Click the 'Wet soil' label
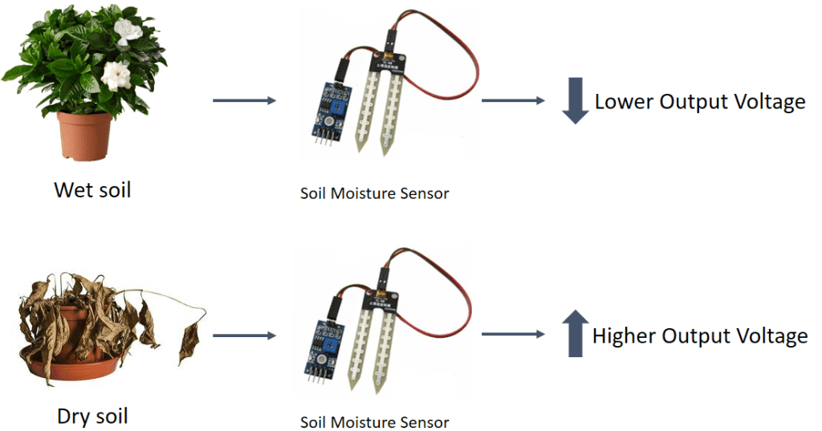tap(92, 190)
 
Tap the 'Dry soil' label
tap(92, 416)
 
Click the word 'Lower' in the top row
tap(624, 102)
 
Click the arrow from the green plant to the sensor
tap(244, 101)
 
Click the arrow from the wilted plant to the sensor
tap(244, 335)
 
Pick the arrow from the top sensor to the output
tap(511, 101)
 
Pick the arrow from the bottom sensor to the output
tap(511, 335)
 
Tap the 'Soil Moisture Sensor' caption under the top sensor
tap(374, 193)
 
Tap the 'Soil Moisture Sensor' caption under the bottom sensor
tap(374, 421)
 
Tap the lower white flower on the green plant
tap(117, 76)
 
